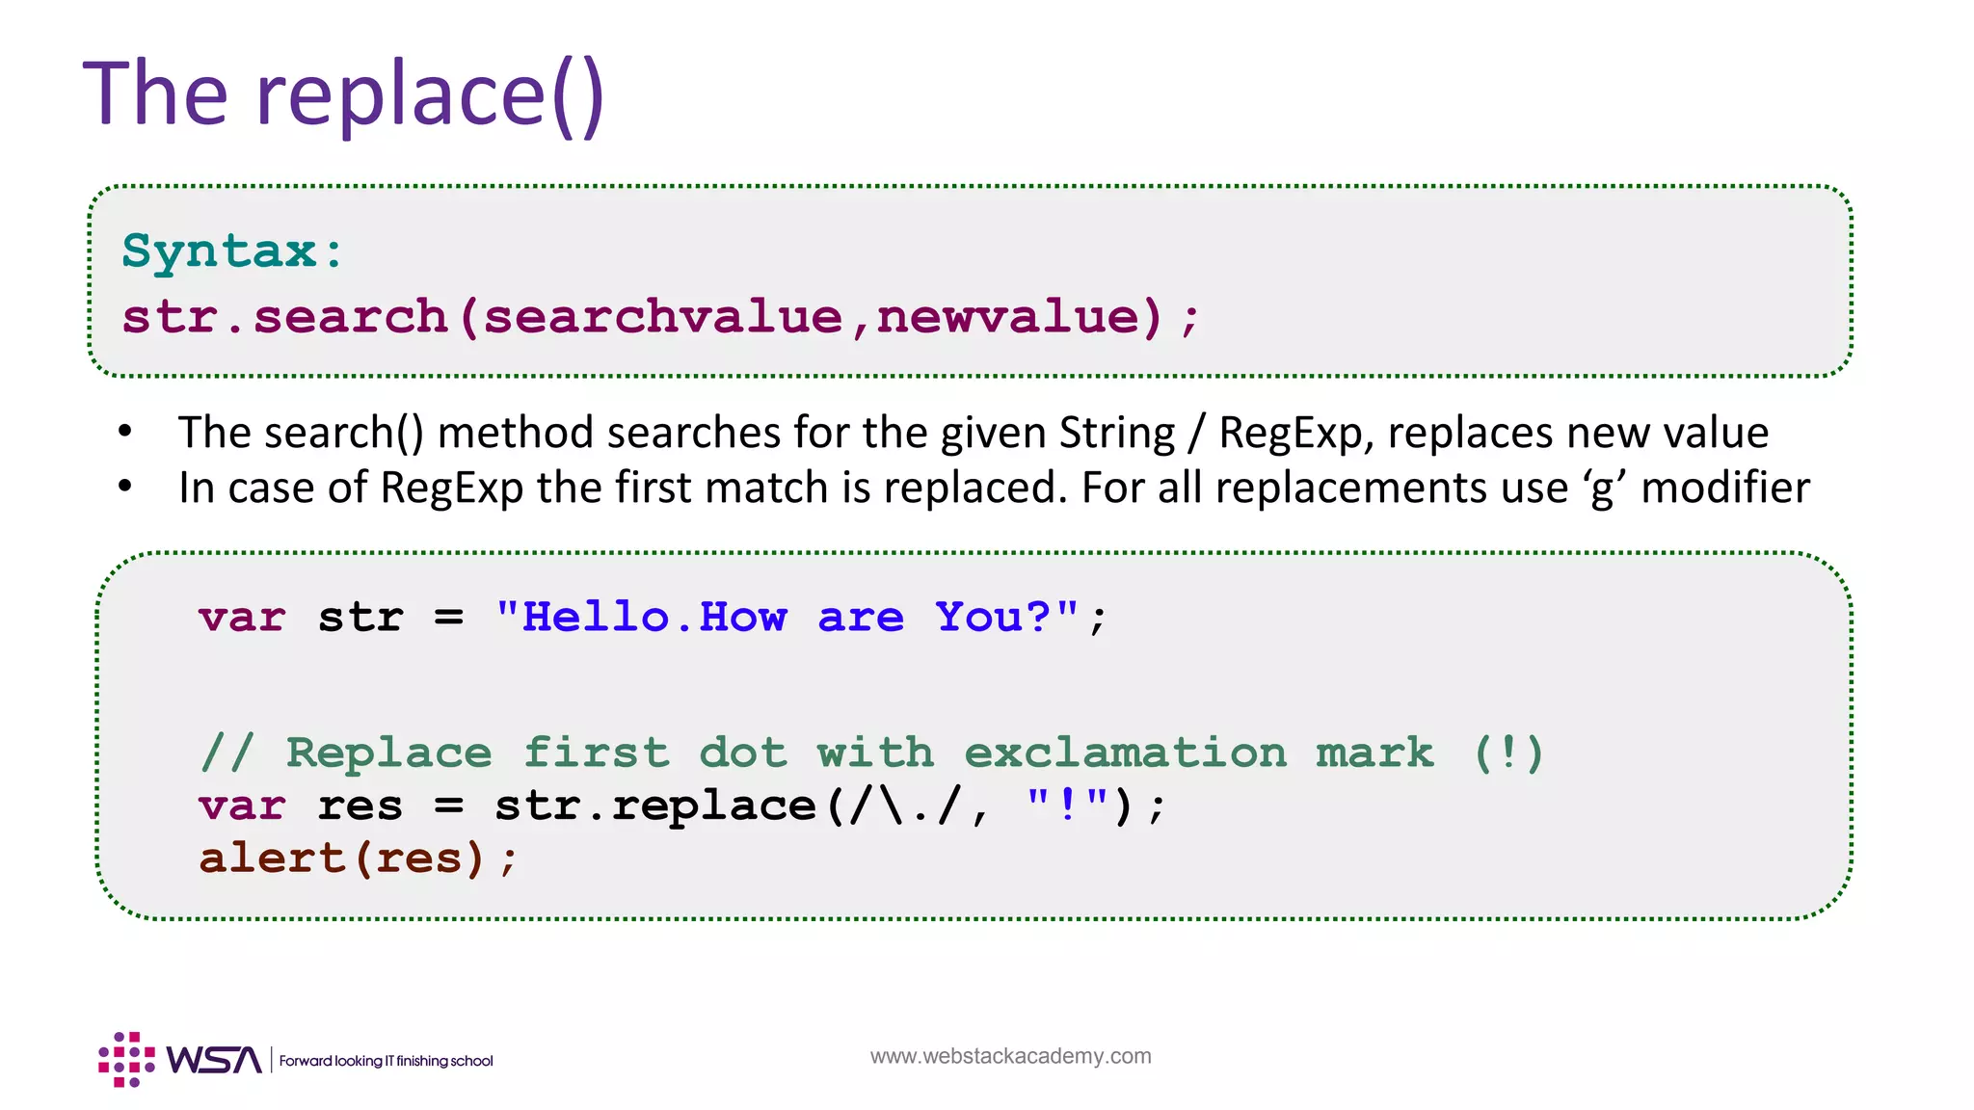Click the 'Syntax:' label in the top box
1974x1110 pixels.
tap(232, 251)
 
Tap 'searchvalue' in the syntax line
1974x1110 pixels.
tap(662, 317)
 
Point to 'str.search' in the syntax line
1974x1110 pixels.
tap(284, 317)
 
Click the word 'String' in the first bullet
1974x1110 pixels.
tap(1116, 433)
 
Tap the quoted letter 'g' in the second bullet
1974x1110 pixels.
tap(1601, 489)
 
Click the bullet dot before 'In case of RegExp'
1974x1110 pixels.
tap(125, 487)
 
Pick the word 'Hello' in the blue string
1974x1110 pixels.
tap(596, 617)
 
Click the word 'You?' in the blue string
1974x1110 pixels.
tap(993, 617)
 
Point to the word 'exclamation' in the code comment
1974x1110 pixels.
tap(1125, 753)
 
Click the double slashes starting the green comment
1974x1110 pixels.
tap(227, 753)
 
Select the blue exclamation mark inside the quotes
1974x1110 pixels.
tap(1067, 805)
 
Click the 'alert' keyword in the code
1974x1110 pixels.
tap(271, 858)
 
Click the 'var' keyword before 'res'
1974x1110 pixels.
tap(242, 806)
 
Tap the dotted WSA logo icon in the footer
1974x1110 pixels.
tap(126, 1059)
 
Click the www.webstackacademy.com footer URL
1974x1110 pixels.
tap(1010, 1056)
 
